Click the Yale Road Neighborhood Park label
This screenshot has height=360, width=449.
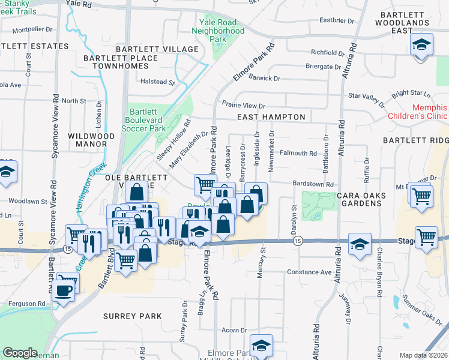218,31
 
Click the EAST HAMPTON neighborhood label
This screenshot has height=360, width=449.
271,118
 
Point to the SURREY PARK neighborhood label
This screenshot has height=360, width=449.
132,316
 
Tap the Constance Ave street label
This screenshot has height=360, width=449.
309,272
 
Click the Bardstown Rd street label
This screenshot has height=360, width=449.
313,185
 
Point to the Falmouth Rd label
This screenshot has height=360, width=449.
298,154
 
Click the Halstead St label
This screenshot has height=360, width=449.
157,82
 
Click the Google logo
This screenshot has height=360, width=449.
20,353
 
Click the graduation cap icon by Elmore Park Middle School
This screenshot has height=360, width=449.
262,345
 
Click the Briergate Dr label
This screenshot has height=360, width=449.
323,67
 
